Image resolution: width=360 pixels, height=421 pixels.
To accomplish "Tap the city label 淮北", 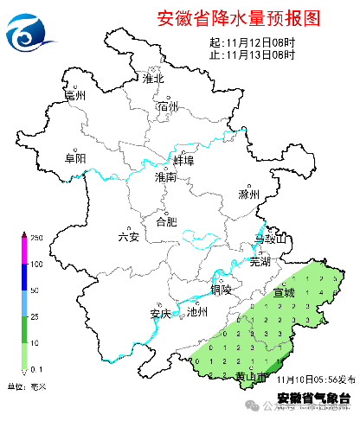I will pos(154,79).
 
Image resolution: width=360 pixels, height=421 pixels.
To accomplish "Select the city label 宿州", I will pos(168,107).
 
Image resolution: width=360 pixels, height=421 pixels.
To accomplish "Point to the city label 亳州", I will pos(76,96).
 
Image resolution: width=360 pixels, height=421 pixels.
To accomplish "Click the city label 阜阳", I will pos(75,158).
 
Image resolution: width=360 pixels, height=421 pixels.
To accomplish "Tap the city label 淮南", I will pos(164,177).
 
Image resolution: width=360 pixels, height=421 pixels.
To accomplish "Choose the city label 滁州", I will pos(249,195).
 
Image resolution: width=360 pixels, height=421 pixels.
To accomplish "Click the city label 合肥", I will pos(165,221).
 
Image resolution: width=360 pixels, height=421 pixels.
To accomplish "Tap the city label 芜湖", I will pos(260,260).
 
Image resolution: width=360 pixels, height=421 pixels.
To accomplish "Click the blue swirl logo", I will pos(31,33).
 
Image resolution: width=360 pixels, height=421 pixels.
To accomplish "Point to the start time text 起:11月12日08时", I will pos(252,42).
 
